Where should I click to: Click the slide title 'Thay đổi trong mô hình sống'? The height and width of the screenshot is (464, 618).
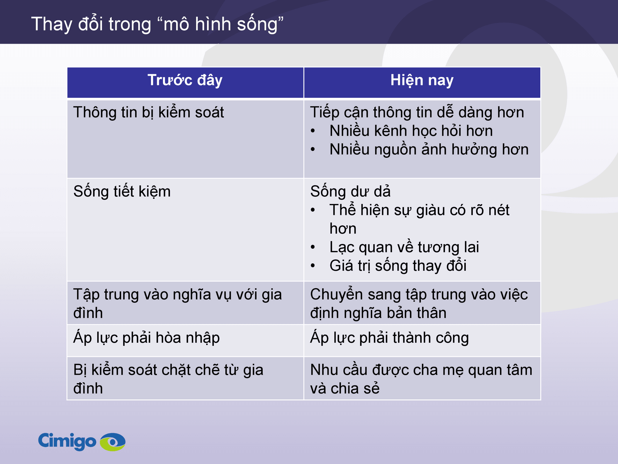pos(157,24)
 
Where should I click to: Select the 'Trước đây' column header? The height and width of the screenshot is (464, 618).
pos(185,80)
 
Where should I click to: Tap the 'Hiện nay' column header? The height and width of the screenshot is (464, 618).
pos(422,80)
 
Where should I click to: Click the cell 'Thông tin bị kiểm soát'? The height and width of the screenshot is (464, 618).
pos(149,113)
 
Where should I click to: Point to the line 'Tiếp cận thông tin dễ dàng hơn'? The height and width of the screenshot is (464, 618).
pos(417,113)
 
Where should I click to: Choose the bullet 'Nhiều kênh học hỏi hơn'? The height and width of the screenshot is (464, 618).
pos(411,131)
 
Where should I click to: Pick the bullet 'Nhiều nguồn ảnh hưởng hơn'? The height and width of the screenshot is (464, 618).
pos(429,150)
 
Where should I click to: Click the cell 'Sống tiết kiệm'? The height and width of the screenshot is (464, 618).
pos(122,192)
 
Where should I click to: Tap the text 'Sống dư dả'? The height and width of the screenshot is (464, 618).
pos(350,192)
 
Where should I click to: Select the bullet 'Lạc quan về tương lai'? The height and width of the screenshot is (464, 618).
pos(404,247)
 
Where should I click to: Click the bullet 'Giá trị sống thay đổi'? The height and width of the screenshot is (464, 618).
pos(398,266)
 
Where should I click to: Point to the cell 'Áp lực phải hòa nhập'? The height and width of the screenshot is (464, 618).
pos(146,338)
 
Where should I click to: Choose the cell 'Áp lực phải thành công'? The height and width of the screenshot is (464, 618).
pos(389,338)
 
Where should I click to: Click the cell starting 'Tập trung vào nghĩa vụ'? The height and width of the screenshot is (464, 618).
pos(177,304)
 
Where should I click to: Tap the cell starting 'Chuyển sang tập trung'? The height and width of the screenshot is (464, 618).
pos(419,304)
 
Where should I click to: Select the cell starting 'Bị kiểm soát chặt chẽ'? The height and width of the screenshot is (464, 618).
pos(168,379)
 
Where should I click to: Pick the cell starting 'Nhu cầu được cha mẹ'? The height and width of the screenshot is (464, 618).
pos(421,379)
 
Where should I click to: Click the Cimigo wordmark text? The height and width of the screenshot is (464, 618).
pos(67,441)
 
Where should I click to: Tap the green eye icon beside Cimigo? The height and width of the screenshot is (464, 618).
pos(113,442)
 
